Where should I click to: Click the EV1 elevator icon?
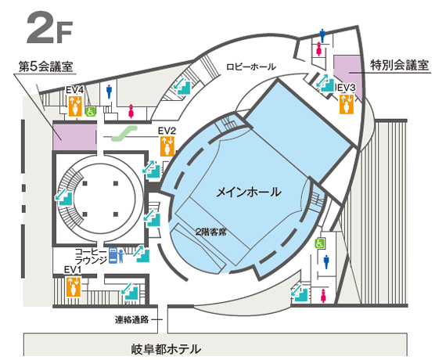coord(74,287)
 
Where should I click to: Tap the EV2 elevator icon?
coord(167,146)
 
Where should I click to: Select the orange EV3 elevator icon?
coord(347,104)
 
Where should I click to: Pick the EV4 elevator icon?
coord(75,106)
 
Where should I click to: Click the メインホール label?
coord(249,192)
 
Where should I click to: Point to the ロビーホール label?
coord(251,67)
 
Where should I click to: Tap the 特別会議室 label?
coord(399,65)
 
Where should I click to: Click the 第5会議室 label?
coord(46,67)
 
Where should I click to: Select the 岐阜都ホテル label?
coord(166,349)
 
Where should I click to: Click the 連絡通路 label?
coord(131,319)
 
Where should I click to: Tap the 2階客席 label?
coord(210,232)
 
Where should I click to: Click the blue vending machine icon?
coord(113,256)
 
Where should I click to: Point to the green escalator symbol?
coord(124,134)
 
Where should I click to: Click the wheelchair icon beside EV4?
coord(91,112)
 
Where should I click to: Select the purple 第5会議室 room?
coord(75,137)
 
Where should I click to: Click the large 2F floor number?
coord(49,28)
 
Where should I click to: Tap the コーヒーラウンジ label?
coord(91,256)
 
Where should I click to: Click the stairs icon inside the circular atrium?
coord(65,197)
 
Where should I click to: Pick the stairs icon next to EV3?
coord(326,83)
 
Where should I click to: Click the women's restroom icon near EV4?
coord(131,111)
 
